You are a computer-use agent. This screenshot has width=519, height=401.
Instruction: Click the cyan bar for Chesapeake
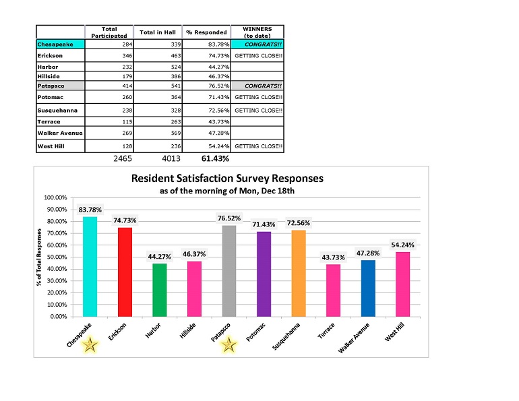[90, 266]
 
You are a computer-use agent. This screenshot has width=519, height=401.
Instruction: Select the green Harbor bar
[159, 290]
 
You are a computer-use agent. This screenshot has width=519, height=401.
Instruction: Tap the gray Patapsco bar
[229, 270]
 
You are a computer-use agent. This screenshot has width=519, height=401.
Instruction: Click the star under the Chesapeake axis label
[90, 346]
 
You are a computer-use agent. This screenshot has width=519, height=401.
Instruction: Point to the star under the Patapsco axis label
[229, 346]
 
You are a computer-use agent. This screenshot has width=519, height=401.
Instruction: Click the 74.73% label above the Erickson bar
[125, 220]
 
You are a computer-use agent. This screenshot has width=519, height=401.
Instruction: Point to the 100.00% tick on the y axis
[59, 198]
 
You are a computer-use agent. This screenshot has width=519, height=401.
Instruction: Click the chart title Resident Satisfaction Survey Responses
[228, 179]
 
